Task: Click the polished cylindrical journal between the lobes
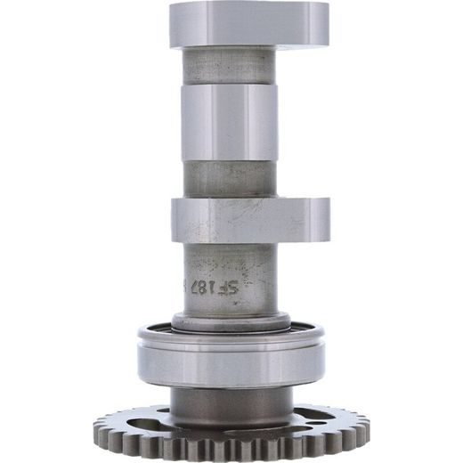(x=230, y=123)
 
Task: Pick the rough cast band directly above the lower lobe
(x=230, y=182)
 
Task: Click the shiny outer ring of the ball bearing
(x=230, y=361)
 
